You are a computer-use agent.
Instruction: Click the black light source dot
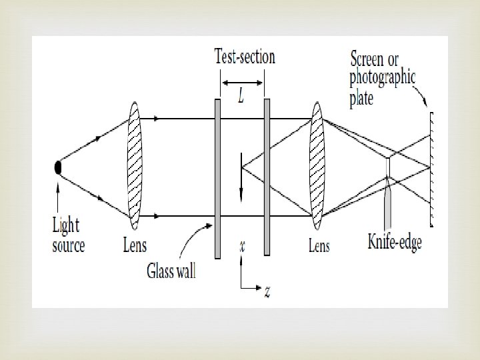(x=59, y=168)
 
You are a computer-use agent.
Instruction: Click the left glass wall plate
(x=217, y=177)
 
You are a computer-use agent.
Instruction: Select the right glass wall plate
(x=267, y=177)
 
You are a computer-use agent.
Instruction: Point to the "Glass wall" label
(x=171, y=272)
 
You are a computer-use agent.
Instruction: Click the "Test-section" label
(x=245, y=56)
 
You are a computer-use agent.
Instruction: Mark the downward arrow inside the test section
(x=241, y=180)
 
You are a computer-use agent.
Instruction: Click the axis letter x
(x=241, y=245)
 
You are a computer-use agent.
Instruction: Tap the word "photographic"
(x=383, y=79)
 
